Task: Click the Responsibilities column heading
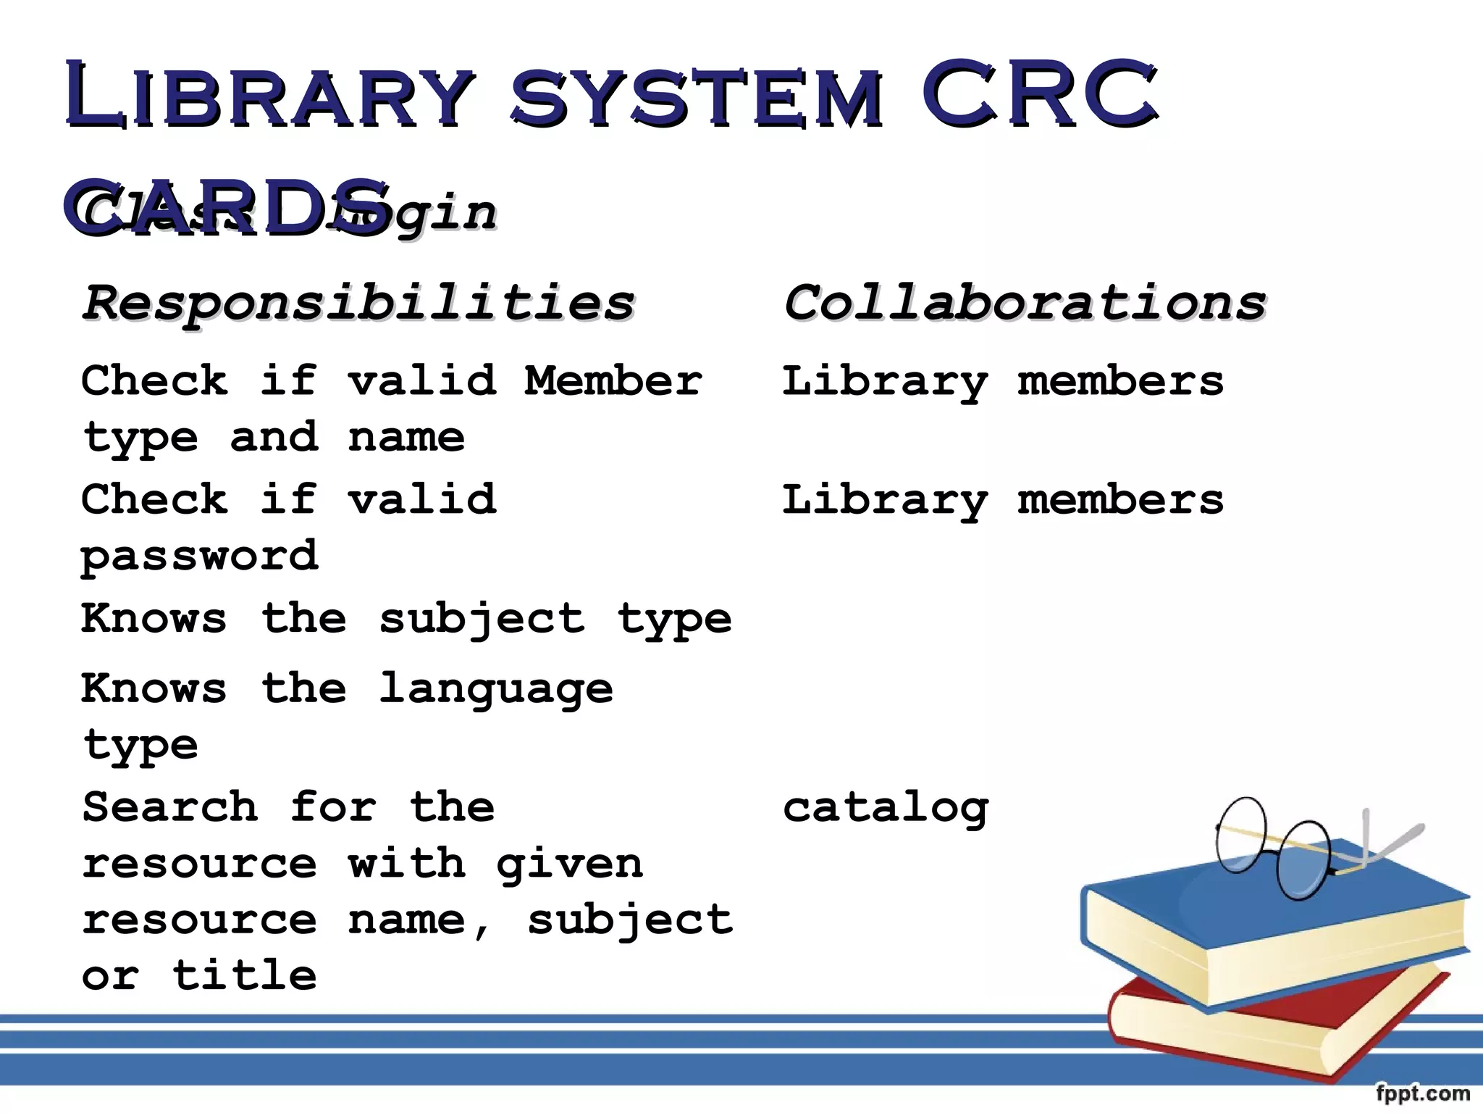click(x=358, y=303)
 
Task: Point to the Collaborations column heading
click(x=1025, y=303)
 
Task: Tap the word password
click(x=199, y=556)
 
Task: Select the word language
click(x=496, y=689)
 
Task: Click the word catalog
click(x=886, y=808)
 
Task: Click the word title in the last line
click(x=245, y=975)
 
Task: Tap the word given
click(x=570, y=864)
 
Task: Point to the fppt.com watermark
click(x=1422, y=1093)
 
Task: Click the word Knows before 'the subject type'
click(x=154, y=619)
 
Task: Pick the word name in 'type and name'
click(x=406, y=438)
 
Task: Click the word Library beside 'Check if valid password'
click(x=885, y=501)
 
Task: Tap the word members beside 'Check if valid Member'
click(x=1120, y=381)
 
